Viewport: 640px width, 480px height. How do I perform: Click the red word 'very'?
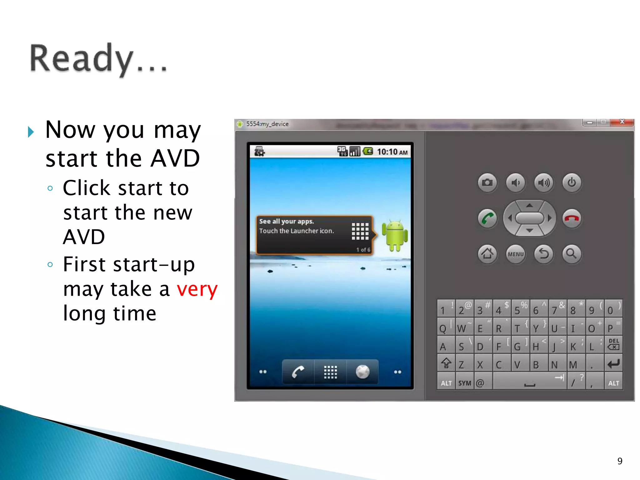pos(197,289)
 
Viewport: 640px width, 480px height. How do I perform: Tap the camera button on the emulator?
pos(487,182)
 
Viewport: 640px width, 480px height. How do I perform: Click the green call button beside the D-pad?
pos(487,218)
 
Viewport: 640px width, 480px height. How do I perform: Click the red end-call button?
pos(572,218)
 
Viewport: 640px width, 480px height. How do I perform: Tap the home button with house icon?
pos(487,254)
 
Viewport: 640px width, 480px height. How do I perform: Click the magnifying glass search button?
pos(572,254)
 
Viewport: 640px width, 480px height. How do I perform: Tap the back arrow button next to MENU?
pos(544,254)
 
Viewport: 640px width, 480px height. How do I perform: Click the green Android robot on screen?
pos(395,235)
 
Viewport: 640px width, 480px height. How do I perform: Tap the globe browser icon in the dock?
pos(362,372)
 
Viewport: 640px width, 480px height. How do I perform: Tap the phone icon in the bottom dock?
pos(298,372)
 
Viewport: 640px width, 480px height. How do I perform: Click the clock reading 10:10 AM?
pos(392,152)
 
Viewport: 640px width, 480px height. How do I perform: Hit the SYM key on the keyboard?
pos(465,383)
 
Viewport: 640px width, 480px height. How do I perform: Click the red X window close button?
pos(622,122)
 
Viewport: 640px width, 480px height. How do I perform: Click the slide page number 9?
pos(620,461)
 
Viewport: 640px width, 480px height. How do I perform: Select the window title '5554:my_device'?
pos(267,124)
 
